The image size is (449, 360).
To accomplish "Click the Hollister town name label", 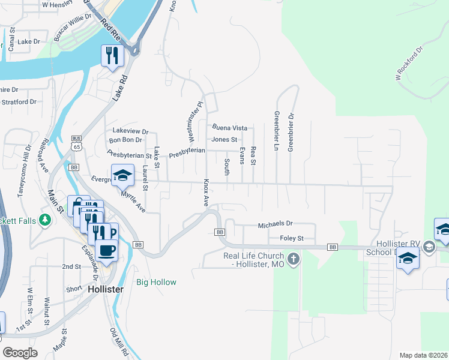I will click(106, 289).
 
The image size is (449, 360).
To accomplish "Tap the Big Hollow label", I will click(156, 282).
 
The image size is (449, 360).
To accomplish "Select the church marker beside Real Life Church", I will click(293, 259).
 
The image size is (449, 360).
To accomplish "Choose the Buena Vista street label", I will click(230, 128).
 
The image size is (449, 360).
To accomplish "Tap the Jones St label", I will click(224, 139).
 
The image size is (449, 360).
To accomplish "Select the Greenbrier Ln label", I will click(277, 130).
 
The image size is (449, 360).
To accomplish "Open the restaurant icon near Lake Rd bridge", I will click(112, 56).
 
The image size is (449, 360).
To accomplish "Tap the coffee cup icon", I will click(106, 250).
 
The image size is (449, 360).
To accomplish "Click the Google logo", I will click(20, 353).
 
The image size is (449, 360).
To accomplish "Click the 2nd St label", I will click(71, 266).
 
